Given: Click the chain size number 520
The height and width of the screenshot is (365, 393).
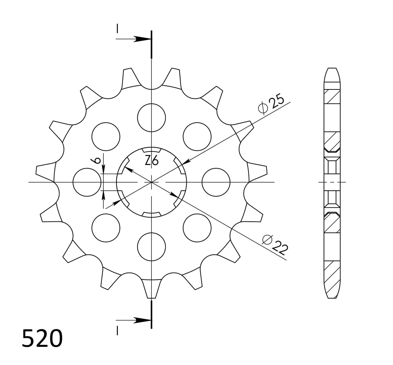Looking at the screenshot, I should click(42, 339).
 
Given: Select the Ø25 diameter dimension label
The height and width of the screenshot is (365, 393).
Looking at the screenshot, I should click(272, 103).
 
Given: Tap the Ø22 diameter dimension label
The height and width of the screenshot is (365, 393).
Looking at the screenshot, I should click(275, 245).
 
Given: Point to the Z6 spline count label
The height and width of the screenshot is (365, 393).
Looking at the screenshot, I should click(151, 161).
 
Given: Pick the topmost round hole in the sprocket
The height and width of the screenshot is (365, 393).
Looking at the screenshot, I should click(151, 118).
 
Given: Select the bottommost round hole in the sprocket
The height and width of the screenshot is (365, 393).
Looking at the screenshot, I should click(151, 247).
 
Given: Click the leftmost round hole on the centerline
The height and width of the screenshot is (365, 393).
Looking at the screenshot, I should click(87, 182).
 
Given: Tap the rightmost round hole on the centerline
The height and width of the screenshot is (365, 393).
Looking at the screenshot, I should click(216, 182).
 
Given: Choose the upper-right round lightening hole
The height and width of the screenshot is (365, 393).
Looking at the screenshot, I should click(197, 137).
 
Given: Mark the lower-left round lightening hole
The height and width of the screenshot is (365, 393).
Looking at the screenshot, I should click(106, 228).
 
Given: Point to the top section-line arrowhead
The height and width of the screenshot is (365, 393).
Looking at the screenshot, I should click(143, 39).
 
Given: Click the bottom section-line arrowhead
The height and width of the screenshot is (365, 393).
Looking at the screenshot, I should click(143, 320).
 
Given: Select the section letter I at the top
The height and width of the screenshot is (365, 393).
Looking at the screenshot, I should click(117, 29).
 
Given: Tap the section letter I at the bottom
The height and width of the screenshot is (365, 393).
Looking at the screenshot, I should click(117, 331).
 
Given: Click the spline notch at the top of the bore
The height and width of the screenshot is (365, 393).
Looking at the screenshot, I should click(151, 150).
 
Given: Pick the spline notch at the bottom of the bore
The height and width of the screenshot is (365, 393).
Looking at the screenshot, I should click(151, 215).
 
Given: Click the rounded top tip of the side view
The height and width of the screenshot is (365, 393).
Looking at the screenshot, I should click(332, 70).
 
